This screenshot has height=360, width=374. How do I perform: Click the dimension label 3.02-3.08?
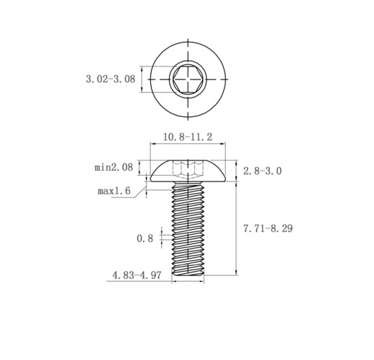pyautogui.click(x=110, y=79)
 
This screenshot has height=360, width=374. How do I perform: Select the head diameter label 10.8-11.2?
pyautogui.click(x=188, y=137)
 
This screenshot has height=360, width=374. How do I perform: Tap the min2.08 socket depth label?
pyautogui.click(x=113, y=167)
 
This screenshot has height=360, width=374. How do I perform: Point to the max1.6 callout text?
pyautogui.click(x=114, y=191)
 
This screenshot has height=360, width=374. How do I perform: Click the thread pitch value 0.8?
pyautogui.click(x=145, y=239)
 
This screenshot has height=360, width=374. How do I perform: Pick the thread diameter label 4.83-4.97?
pyautogui.click(x=136, y=275)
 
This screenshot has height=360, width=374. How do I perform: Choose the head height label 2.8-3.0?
pyautogui.click(x=262, y=171)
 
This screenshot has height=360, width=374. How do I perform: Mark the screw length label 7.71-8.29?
pyautogui.click(x=268, y=228)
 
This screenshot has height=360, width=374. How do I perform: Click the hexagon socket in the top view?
pyautogui.click(x=188, y=79)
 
